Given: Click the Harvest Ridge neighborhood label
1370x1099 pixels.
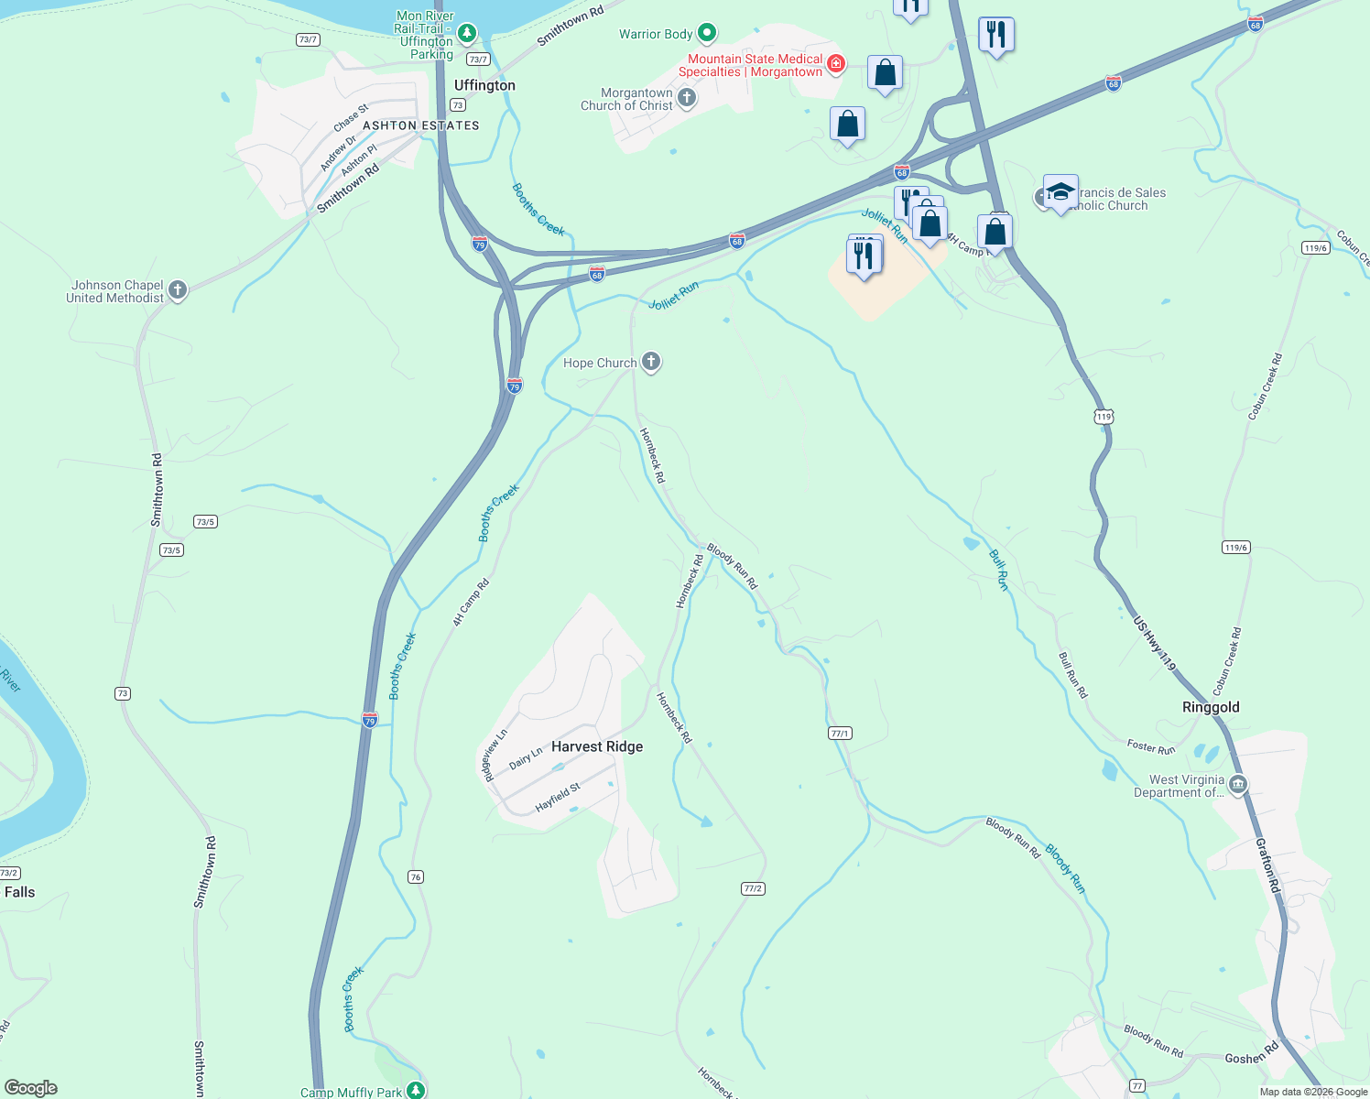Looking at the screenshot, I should coord(597,746).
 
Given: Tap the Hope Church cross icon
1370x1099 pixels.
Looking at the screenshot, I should coord(651,362).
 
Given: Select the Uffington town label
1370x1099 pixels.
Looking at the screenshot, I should coord(484,85).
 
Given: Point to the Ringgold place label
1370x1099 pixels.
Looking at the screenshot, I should coord(1211,707).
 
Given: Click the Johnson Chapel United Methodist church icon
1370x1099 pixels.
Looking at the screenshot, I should coord(178,290).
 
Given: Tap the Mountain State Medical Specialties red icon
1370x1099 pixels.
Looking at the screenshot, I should coord(835,64).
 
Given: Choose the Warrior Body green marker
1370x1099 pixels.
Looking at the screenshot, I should coord(707,34).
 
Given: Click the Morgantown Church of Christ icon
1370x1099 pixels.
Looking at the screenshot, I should coord(687,98).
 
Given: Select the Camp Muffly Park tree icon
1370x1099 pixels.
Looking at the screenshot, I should coord(416,1090).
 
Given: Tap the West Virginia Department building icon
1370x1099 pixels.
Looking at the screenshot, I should coord(1238,784).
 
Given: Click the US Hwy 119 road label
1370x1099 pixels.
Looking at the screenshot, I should coord(1154,644).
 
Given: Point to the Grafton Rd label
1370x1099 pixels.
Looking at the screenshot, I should coord(1267,865).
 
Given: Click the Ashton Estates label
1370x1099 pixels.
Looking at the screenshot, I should coord(421,125).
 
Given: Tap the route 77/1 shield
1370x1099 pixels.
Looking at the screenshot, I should coord(840,733).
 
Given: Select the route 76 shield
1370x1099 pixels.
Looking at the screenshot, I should coord(416,876).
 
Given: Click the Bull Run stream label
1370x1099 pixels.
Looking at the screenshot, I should coord(999,570).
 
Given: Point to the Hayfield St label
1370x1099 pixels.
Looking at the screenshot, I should coord(558,798).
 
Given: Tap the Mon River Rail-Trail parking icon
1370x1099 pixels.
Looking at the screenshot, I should coord(467,34).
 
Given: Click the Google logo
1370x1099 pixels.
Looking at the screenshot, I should coord(31,1088).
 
